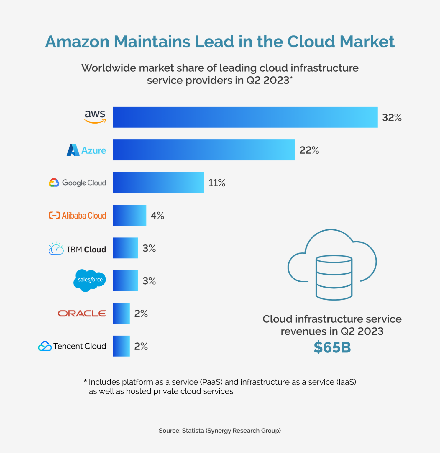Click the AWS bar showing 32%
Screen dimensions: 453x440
(245, 117)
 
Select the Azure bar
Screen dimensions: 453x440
(204, 150)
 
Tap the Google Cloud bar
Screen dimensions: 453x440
(158, 183)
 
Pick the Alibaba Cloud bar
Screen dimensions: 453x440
(129, 215)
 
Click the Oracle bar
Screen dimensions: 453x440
(121, 313)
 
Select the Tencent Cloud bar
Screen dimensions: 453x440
(121, 346)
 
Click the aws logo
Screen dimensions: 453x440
(95, 116)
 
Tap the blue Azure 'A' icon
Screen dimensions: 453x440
(73, 150)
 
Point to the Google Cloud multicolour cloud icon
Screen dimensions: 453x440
(54, 183)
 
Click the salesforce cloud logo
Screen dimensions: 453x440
(90, 280)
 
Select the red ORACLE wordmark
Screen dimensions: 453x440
(82, 313)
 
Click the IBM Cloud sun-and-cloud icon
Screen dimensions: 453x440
(56, 249)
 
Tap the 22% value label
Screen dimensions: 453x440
(309, 150)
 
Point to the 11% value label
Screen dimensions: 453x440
(217, 183)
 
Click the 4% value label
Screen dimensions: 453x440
(157, 216)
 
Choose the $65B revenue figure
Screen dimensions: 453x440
(332, 347)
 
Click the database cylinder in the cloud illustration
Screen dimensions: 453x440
(334, 277)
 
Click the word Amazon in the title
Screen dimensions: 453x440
(78, 42)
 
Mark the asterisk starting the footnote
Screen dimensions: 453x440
(85, 381)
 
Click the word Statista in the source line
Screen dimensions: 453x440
(193, 431)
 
